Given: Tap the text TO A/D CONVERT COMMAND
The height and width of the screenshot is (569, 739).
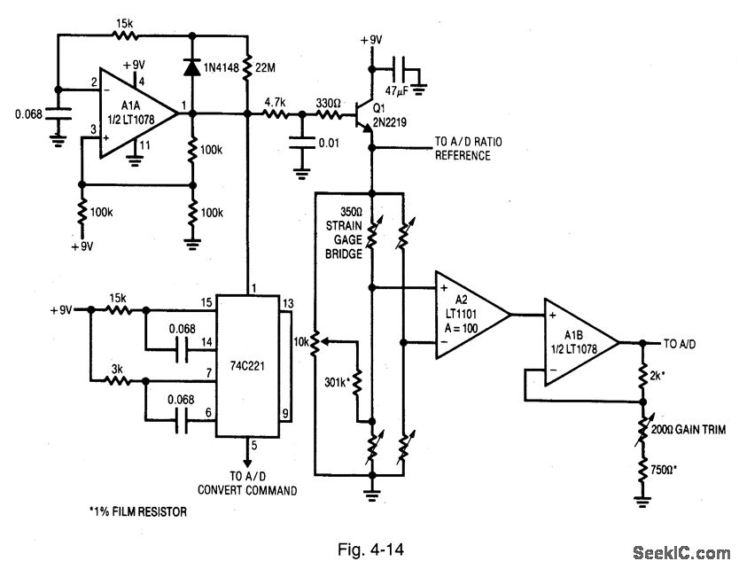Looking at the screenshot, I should pyautogui.click(x=247, y=482).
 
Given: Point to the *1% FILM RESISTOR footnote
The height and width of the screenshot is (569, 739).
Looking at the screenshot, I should pyautogui.click(x=138, y=511).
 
